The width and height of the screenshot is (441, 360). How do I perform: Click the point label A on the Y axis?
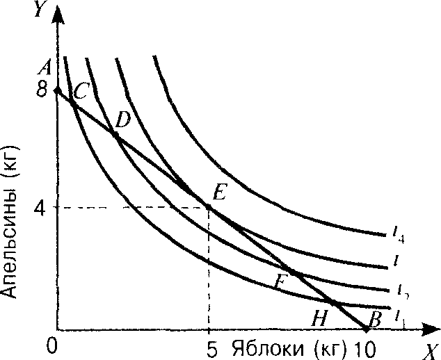point(47,67)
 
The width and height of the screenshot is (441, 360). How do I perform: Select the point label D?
point(123,120)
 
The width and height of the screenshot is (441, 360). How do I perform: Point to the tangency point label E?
point(220,194)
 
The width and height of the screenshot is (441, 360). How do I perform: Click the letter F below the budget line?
point(280,281)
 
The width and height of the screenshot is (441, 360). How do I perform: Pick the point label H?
point(320,318)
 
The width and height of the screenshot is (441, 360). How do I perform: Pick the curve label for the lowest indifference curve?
point(399,316)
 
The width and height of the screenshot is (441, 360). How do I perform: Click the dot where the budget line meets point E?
point(209,206)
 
